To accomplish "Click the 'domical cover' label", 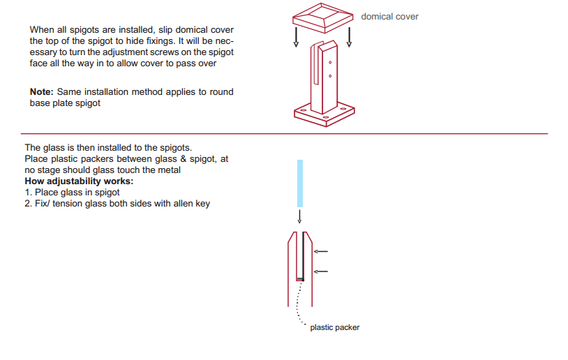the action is click(x=389, y=16).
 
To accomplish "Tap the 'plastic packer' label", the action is click(x=335, y=327).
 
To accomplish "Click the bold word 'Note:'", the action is click(x=42, y=91).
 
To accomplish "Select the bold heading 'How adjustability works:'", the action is click(x=79, y=181).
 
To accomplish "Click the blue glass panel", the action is click(x=300, y=183).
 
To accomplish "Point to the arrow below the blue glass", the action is click(x=299, y=216).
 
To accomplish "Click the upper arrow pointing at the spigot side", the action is click(x=320, y=251).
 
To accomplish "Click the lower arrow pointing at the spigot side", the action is click(x=320, y=271).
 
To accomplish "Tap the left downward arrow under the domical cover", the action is click(x=297, y=37).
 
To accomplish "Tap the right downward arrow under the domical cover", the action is click(x=349, y=37).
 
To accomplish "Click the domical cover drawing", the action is click(x=323, y=17).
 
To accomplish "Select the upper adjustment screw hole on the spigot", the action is click(x=330, y=63).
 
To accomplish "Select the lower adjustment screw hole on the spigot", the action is click(x=330, y=76).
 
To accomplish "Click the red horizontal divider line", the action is click(x=285, y=134).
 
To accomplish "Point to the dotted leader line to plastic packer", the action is click(x=297, y=302).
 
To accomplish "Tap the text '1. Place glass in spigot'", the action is click(x=72, y=193).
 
